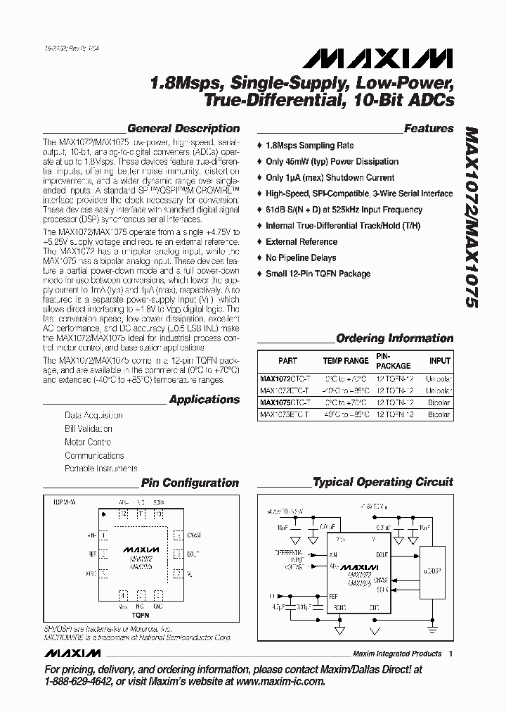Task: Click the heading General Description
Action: coord(183,129)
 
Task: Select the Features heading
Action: coord(429,129)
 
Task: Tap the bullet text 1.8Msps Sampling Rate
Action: coord(309,146)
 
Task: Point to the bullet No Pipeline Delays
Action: coord(301,258)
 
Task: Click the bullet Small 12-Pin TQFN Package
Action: coord(318,274)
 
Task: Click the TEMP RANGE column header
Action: coord(346,361)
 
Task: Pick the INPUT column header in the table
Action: coord(440,361)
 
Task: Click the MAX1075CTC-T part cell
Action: coord(284,403)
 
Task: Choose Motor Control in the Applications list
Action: coord(88,443)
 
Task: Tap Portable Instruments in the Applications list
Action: coord(100,469)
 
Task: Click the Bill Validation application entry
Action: coord(88,429)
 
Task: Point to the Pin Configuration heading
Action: coord(190,483)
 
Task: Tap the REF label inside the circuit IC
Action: coord(333,595)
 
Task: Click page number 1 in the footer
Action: coord(450,654)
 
